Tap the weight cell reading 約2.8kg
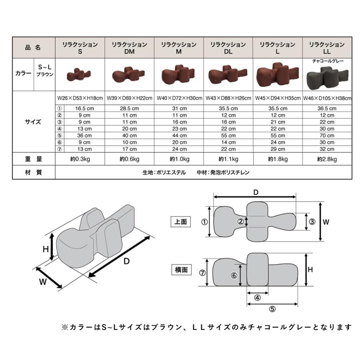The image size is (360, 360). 327,159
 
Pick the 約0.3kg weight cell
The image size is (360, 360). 80,159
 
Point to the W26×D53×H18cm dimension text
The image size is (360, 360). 80,98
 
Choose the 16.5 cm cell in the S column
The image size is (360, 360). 84,108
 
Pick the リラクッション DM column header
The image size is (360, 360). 129,48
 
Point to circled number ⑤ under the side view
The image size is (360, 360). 272,308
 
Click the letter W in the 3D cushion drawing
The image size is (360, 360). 43,282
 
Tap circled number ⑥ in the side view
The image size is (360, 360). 234,276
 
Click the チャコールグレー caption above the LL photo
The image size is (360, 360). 328,61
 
